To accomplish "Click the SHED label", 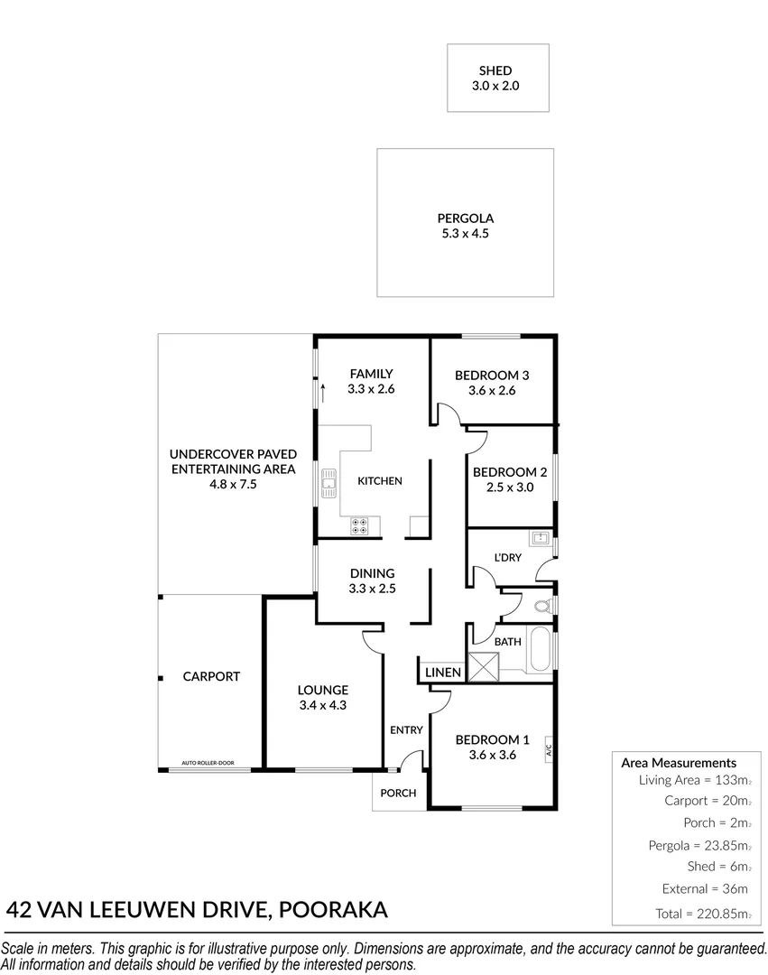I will click(x=495, y=70).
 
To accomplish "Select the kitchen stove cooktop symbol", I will click(x=360, y=525).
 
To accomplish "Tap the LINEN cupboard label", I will click(x=443, y=673).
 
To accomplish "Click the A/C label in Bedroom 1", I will click(x=548, y=749).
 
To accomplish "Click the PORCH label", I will click(x=398, y=794).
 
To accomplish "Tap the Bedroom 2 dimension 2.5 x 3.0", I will click(x=510, y=487).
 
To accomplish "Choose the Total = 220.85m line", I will click(x=702, y=914).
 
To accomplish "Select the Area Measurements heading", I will click(x=679, y=763).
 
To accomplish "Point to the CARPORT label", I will click(x=211, y=676).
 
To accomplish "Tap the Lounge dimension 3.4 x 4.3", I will click(x=323, y=705).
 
